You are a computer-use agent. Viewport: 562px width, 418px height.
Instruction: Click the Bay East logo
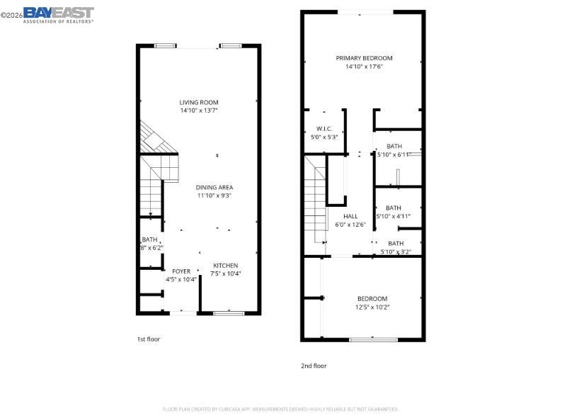click(58, 14)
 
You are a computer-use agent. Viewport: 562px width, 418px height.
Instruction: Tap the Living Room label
click(198, 103)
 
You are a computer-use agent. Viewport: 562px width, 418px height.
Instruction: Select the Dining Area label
click(214, 187)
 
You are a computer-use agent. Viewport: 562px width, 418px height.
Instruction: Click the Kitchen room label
click(225, 266)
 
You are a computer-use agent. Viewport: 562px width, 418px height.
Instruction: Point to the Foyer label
click(181, 271)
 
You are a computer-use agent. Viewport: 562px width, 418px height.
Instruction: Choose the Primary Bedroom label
click(364, 58)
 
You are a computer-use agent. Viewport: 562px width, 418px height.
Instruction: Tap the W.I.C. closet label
click(323, 129)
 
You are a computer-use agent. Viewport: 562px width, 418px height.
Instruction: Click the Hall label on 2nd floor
click(350, 216)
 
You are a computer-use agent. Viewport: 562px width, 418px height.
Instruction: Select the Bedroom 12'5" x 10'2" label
click(372, 298)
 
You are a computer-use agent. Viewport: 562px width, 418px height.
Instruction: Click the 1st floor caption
click(148, 339)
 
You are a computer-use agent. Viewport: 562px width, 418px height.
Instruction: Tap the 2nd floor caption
click(314, 366)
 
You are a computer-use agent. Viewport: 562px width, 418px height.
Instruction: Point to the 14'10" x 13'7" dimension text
click(198, 111)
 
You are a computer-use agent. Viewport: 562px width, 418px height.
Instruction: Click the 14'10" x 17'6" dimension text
click(364, 67)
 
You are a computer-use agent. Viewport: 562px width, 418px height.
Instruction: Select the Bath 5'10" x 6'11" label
click(394, 147)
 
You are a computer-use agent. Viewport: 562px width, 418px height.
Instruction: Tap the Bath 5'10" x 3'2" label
click(396, 243)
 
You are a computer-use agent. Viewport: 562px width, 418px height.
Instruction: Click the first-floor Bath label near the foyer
click(149, 240)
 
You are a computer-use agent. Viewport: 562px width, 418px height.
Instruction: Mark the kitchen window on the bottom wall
click(228, 312)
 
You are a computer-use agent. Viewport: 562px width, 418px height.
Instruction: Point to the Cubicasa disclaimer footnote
click(281, 409)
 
